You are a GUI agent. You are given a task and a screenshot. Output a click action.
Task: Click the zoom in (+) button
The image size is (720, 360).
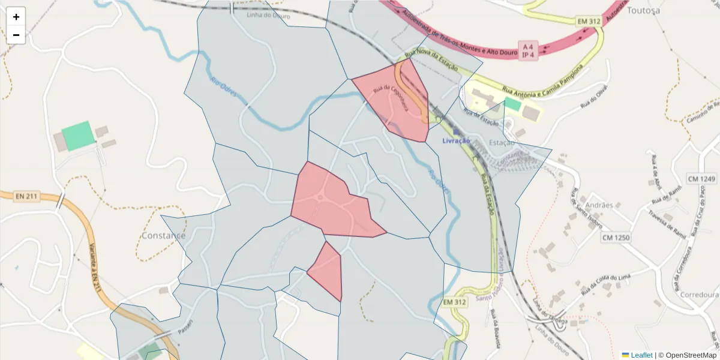[x=16, y=17]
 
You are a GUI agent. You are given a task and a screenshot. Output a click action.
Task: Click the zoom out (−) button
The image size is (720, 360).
[x=16, y=35]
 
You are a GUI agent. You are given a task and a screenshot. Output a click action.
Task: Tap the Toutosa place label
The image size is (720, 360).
[x=643, y=10]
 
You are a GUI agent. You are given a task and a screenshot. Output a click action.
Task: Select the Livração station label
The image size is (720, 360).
[x=455, y=140]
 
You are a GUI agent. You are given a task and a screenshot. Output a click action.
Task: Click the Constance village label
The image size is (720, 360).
[x=163, y=236]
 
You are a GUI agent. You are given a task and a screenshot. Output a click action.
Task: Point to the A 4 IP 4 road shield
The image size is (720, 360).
[x=528, y=51]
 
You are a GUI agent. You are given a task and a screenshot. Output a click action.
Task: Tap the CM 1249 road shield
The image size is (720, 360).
[x=701, y=179]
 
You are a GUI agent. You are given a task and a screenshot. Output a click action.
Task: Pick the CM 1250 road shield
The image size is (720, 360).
[x=616, y=238]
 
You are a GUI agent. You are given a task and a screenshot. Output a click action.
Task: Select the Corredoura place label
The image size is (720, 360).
[x=699, y=295]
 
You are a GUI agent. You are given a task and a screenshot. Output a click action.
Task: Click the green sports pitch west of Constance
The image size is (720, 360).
[x=79, y=136]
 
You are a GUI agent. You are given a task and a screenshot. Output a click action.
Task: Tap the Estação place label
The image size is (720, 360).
[x=502, y=143]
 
